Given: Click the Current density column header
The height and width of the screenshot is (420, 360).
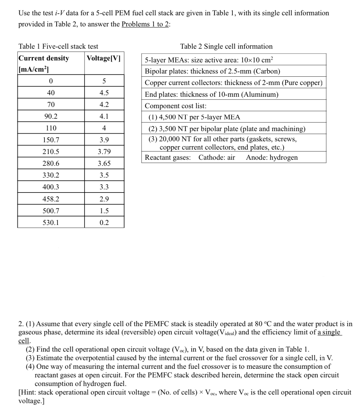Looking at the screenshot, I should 44,58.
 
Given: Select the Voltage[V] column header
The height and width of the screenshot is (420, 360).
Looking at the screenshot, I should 104,58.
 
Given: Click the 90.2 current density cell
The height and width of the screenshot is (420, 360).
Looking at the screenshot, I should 51,116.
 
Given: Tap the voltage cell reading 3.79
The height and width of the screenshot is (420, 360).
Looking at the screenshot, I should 104,152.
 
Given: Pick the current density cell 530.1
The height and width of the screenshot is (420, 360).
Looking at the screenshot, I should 51,222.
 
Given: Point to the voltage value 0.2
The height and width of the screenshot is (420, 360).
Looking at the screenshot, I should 104,222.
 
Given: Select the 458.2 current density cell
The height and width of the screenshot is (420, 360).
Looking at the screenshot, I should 51,199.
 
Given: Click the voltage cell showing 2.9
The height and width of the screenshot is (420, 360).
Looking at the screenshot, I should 104,199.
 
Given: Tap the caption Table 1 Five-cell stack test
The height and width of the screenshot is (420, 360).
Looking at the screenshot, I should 59,46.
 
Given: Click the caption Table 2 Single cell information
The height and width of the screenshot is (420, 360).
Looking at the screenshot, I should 226,46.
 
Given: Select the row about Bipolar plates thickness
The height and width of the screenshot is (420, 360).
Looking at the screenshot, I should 212,71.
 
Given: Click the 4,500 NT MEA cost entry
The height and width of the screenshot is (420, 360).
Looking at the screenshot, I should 194,117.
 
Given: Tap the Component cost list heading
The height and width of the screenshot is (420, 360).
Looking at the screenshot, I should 176,106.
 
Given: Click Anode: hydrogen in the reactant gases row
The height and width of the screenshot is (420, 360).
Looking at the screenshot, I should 272,157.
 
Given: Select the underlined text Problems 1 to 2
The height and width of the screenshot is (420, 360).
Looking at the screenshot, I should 145,24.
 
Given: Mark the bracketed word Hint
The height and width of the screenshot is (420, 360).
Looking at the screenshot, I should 28,392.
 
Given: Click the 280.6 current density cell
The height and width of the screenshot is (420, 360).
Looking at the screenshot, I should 51,164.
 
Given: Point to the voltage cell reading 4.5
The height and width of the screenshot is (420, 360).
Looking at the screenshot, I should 104,93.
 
